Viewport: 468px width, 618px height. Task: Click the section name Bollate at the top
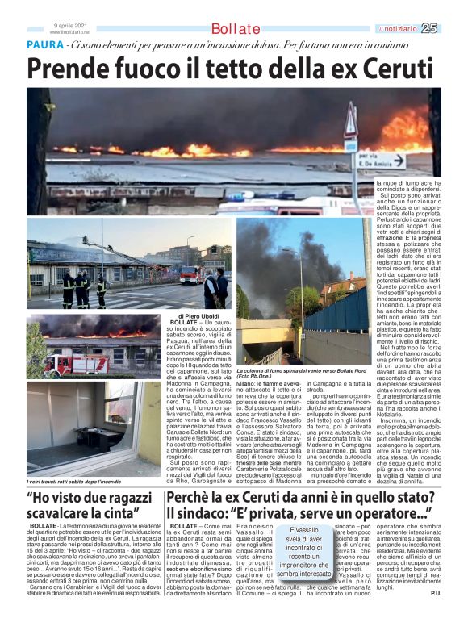[x=236, y=29]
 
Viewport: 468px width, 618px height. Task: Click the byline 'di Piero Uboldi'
[x=194, y=315]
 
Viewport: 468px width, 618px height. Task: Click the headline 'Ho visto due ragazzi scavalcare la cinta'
[x=90, y=505]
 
